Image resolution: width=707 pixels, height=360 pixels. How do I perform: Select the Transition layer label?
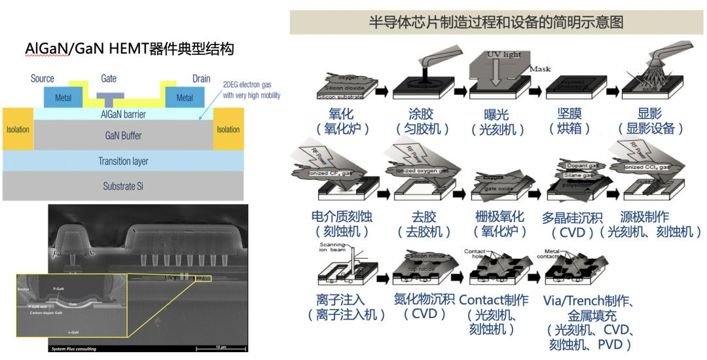pyautogui.click(x=123, y=161)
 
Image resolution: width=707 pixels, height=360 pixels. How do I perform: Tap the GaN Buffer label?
pyautogui.click(x=123, y=135)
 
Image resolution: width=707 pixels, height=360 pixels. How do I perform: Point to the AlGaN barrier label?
pyautogui.click(x=123, y=115)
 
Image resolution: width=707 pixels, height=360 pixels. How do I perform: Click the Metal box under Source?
pyautogui.click(x=63, y=98)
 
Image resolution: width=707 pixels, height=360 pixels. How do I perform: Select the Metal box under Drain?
pyautogui.click(x=185, y=98)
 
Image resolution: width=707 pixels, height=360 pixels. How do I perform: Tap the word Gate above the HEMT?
pyautogui.click(x=109, y=79)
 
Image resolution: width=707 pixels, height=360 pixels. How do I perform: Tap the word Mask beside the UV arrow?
pyautogui.click(x=540, y=69)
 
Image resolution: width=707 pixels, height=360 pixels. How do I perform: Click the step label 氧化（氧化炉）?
pyautogui.click(x=342, y=122)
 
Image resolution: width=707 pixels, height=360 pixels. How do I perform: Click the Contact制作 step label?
pyautogui.click(x=494, y=300)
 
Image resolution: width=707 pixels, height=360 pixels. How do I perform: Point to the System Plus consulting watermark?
pyautogui.click(x=74, y=349)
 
